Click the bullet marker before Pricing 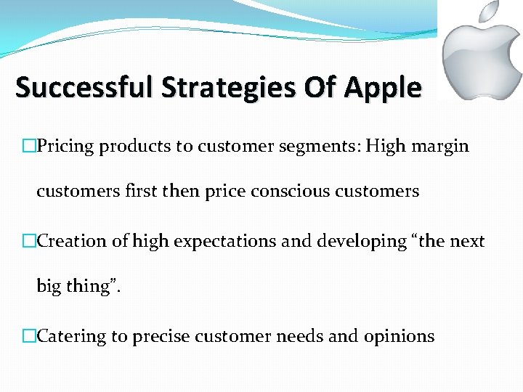[29, 147]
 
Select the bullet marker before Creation [29, 242]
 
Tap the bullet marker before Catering [29, 336]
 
